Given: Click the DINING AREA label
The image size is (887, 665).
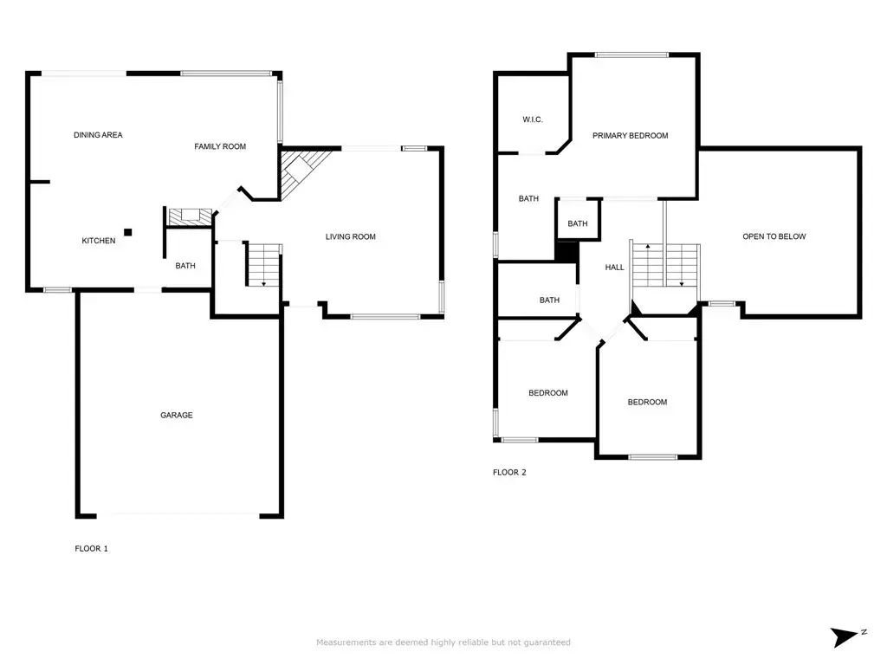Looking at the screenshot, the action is (98, 134).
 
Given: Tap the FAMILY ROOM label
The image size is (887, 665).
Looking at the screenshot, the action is (220, 146).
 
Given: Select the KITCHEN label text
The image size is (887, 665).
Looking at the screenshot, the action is (99, 241).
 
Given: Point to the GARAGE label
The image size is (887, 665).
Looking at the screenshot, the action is (177, 415).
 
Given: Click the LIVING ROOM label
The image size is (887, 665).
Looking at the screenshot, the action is (351, 236).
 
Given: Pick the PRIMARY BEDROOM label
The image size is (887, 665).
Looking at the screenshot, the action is (631, 136).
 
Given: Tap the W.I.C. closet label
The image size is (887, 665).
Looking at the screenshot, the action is (533, 119).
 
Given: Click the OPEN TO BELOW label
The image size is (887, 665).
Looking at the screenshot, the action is (774, 236).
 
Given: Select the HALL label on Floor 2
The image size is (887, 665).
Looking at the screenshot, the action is (614, 268).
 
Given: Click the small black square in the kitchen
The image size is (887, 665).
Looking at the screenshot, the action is (128, 232).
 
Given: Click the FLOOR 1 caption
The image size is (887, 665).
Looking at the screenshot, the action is (91, 548).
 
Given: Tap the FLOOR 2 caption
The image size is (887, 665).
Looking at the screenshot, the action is (509, 472).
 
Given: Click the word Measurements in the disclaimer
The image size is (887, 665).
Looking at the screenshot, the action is (346, 642).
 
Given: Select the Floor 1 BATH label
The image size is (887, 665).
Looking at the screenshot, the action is (185, 265).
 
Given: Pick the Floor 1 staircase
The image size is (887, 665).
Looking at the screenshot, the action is (263, 265).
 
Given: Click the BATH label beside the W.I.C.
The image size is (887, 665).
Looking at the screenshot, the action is (528, 198).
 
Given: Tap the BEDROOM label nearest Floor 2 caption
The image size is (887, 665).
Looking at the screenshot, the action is (548, 393).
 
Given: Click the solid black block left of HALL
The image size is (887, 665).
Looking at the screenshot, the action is (567, 251).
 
